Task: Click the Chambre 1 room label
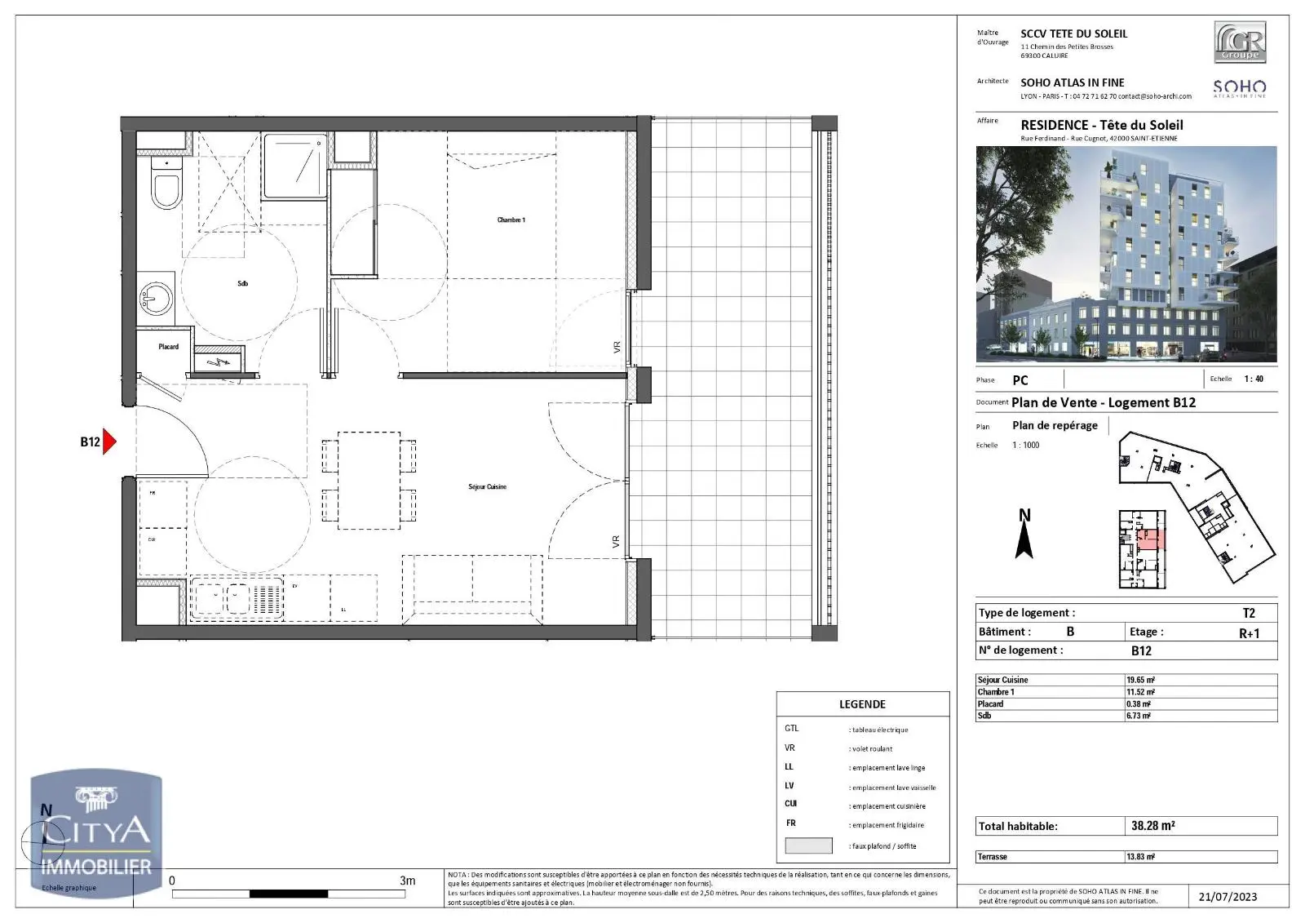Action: (x=511, y=220)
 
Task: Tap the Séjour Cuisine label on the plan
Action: (x=487, y=486)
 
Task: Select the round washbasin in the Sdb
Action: (x=155, y=299)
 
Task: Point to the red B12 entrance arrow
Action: (x=109, y=442)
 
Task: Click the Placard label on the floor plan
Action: (x=168, y=347)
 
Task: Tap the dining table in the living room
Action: (x=369, y=481)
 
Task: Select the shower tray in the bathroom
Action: (x=295, y=167)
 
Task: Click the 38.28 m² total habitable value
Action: (x=1152, y=826)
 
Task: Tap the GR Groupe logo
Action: (x=1240, y=42)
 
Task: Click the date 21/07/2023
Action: (x=1228, y=897)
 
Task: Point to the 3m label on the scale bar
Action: (x=407, y=881)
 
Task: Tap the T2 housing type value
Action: (x=1248, y=613)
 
